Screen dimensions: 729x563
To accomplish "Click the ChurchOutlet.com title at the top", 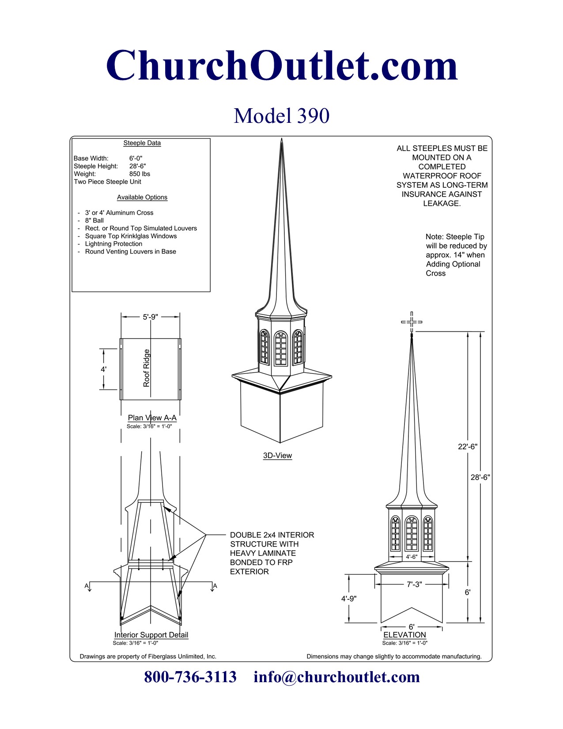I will (x=282, y=65).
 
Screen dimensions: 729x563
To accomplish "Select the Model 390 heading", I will (x=282, y=116).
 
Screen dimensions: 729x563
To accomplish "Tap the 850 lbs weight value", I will (x=140, y=174).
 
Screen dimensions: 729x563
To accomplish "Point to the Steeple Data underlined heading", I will (x=142, y=143).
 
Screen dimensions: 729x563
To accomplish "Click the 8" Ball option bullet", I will (x=94, y=220).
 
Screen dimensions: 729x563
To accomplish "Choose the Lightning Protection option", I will (x=113, y=244).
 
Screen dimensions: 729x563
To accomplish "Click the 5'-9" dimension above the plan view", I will (x=150, y=317).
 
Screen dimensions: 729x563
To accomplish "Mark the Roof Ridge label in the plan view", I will (x=147, y=368).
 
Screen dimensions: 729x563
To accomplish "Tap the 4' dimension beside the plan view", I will (x=103, y=369).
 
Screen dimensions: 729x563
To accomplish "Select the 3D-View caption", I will (x=277, y=456).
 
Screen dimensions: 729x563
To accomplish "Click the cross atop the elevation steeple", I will (x=412, y=322).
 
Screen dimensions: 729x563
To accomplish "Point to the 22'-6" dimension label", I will (x=468, y=447).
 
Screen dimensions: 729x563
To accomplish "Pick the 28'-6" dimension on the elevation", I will (x=480, y=477).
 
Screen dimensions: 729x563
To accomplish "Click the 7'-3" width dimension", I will (x=414, y=584).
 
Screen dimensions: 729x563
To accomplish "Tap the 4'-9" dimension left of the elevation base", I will (x=349, y=599).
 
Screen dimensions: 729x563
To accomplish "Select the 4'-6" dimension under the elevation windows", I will (x=412, y=557).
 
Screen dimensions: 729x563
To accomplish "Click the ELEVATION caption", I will (x=404, y=635).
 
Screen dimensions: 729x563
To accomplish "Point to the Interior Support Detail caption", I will (x=151, y=635).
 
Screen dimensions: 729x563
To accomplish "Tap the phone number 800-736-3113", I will (x=190, y=677).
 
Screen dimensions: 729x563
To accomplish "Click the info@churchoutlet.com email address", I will (x=336, y=677).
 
